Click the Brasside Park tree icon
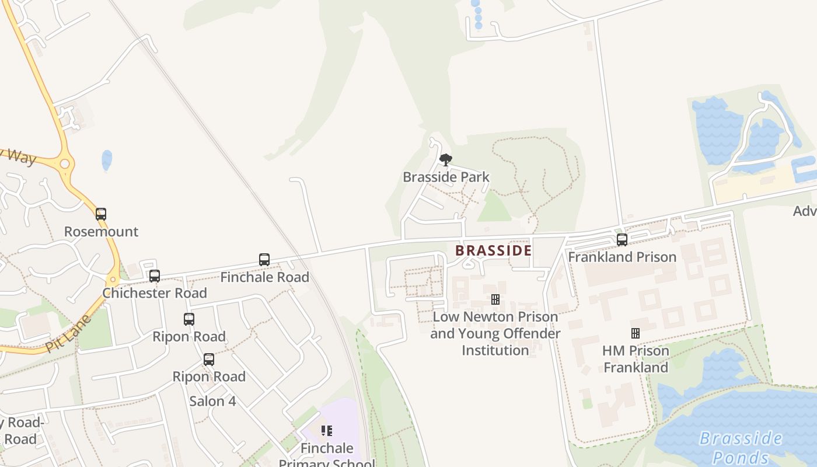pyautogui.click(x=446, y=159)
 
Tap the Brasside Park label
pyautogui.click(x=446, y=177)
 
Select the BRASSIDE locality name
pyautogui.click(x=493, y=250)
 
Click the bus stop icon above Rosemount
pyautogui.click(x=101, y=214)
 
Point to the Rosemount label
pyautogui.click(x=101, y=232)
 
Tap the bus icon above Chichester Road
pyautogui.click(x=155, y=276)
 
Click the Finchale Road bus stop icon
pyautogui.click(x=264, y=260)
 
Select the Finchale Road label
pyautogui.click(x=264, y=277)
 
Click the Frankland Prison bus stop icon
pyautogui.click(x=622, y=239)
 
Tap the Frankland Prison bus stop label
pyautogui.click(x=622, y=257)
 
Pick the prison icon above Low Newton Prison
pyautogui.click(x=495, y=299)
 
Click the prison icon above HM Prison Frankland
pyautogui.click(x=636, y=333)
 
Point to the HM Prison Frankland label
pyautogui.click(x=636, y=359)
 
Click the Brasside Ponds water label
pyautogui.click(x=741, y=447)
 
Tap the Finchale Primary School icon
pyautogui.click(x=327, y=431)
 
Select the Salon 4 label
pyautogui.click(x=212, y=402)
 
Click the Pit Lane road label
pyautogui.click(x=68, y=333)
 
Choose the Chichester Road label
pyautogui.click(x=155, y=293)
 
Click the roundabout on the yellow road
pyautogui.click(x=65, y=164)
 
